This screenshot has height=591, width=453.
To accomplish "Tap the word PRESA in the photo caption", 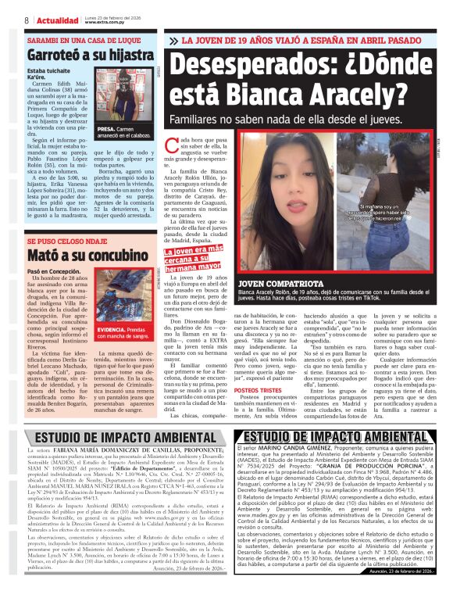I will [106, 127].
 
